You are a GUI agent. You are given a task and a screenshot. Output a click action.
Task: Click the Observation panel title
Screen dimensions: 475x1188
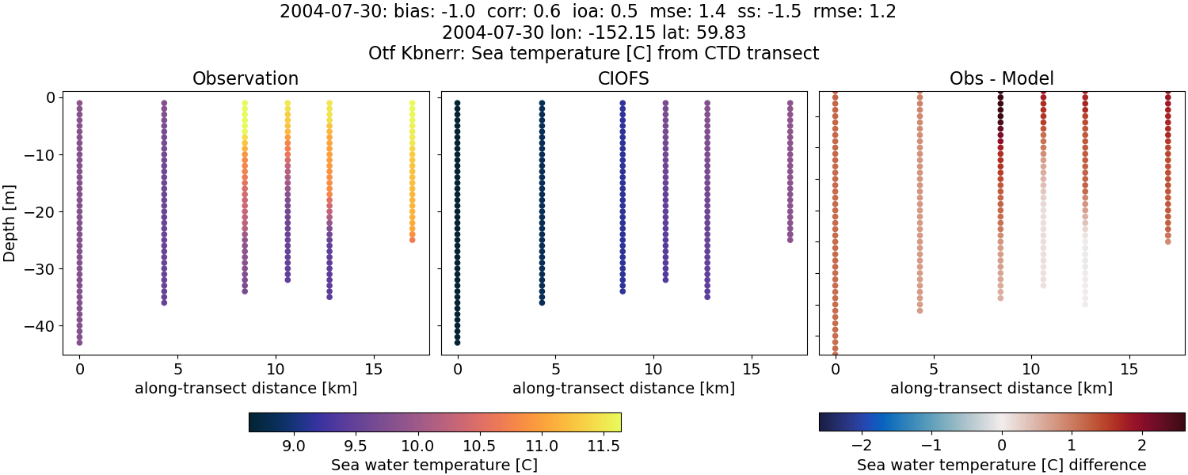(x=246, y=78)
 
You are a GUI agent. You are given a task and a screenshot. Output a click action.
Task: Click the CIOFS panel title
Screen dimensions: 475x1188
(x=623, y=78)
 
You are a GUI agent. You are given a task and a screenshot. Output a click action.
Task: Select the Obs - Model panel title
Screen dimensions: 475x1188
(x=1001, y=78)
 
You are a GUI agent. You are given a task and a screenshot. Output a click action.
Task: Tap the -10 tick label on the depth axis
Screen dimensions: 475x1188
(x=43, y=154)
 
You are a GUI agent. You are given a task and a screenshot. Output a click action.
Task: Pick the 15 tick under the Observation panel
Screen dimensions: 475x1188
(x=373, y=370)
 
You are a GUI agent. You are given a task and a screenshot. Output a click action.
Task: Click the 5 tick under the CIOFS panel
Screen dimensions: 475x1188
(x=556, y=370)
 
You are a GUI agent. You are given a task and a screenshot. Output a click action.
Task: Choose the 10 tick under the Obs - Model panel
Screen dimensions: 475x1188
(x=1031, y=370)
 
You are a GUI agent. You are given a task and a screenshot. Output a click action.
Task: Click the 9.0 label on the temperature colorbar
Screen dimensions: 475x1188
(x=295, y=446)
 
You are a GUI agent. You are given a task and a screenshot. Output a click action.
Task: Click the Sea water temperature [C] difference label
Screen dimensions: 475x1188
(x=1001, y=465)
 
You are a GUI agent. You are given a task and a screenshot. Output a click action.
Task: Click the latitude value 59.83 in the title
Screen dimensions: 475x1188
(x=718, y=33)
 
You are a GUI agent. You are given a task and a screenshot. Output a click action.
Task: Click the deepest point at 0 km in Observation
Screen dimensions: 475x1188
(x=79, y=343)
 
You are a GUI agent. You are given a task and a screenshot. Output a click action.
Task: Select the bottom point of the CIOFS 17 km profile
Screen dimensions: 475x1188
(x=790, y=239)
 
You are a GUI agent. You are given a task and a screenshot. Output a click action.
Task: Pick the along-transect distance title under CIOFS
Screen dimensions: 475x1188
(x=623, y=389)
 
